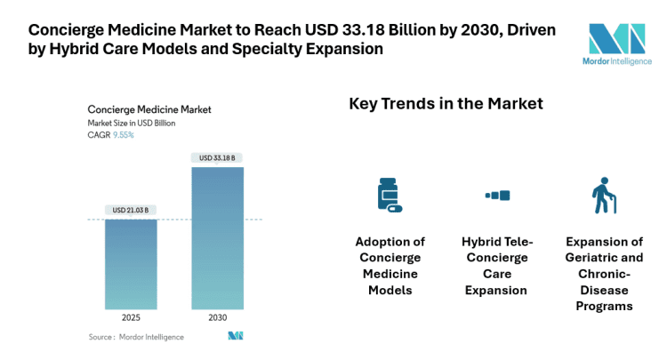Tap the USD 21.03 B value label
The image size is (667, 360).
point(131,211)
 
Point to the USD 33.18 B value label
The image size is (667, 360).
point(217,157)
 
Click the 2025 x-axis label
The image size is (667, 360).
point(131,317)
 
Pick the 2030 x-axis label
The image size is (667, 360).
point(217,317)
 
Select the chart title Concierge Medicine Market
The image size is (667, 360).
point(149,109)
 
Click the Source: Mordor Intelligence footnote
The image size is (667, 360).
point(136,337)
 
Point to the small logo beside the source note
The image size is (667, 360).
point(236,336)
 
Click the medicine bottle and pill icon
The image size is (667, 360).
point(389,195)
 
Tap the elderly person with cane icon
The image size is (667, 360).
point(604,195)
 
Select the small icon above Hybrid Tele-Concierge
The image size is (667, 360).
point(496,195)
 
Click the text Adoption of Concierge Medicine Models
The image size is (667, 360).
point(390,266)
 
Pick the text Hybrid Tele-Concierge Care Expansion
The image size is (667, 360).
point(496,266)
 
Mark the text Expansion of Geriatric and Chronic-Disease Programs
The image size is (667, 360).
point(604,274)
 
